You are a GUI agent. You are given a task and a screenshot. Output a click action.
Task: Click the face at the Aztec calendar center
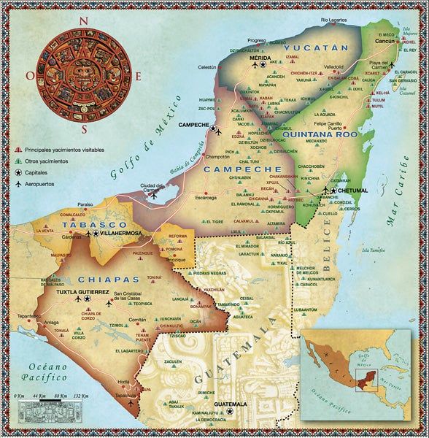85,74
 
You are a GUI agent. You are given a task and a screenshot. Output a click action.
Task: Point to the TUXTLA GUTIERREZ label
84,291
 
